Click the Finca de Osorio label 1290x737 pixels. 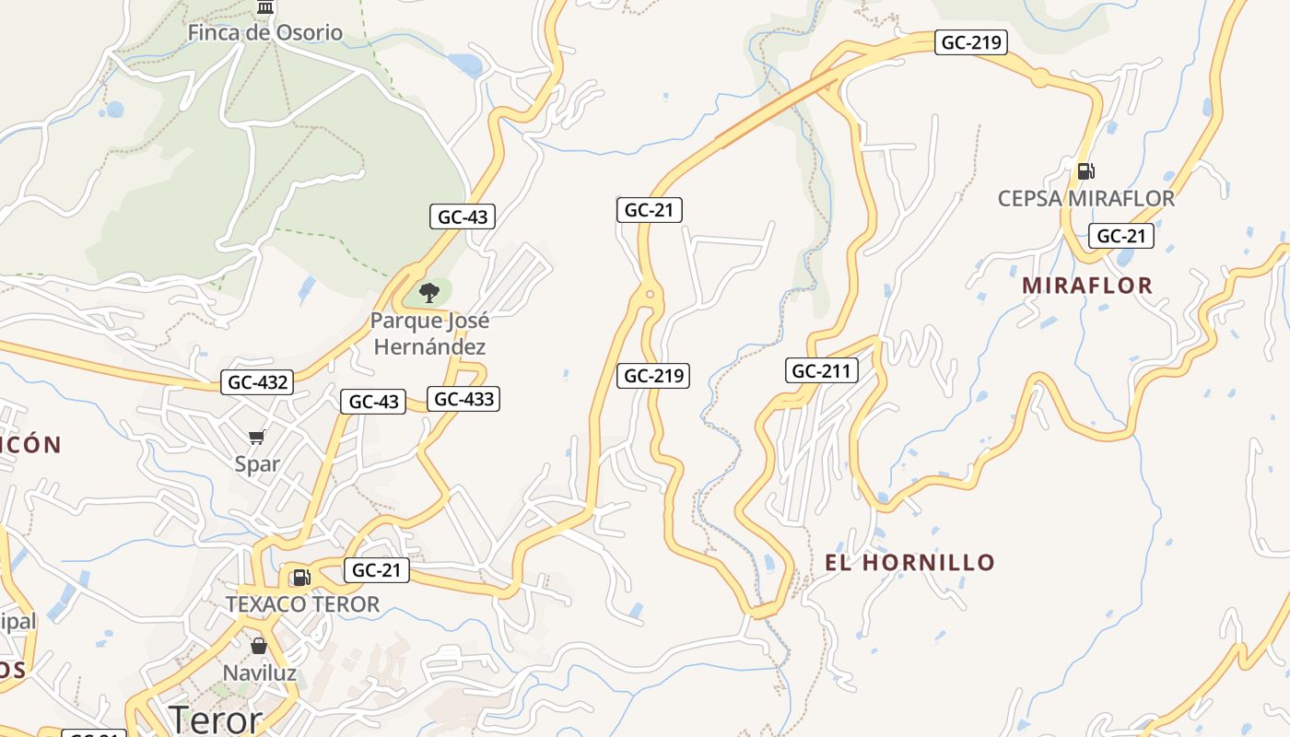coord(265,33)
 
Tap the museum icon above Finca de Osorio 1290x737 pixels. coord(266,7)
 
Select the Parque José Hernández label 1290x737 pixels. coord(428,333)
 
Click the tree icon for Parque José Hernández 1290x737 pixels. coord(428,294)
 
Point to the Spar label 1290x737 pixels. coord(257,463)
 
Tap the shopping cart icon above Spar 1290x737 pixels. coord(257,437)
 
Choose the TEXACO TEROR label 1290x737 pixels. coord(303,604)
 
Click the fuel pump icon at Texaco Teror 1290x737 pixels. coord(301,578)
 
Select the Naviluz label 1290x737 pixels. coord(260,673)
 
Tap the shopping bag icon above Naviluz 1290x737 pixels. coord(259,646)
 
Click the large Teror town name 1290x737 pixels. coord(216,719)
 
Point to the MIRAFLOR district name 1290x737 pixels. coord(1087,286)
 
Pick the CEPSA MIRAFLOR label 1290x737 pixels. coord(1086,198)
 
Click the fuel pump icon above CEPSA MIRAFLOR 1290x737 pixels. coord(1086,170)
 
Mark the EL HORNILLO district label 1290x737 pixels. coord(909,562)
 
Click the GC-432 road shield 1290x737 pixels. coord(257,382)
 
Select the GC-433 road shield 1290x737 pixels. coord(464,399)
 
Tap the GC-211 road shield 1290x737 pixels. coord(822,371)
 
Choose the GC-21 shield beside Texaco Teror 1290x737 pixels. coord(377,570)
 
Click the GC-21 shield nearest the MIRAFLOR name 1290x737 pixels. coord(1121,236)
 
